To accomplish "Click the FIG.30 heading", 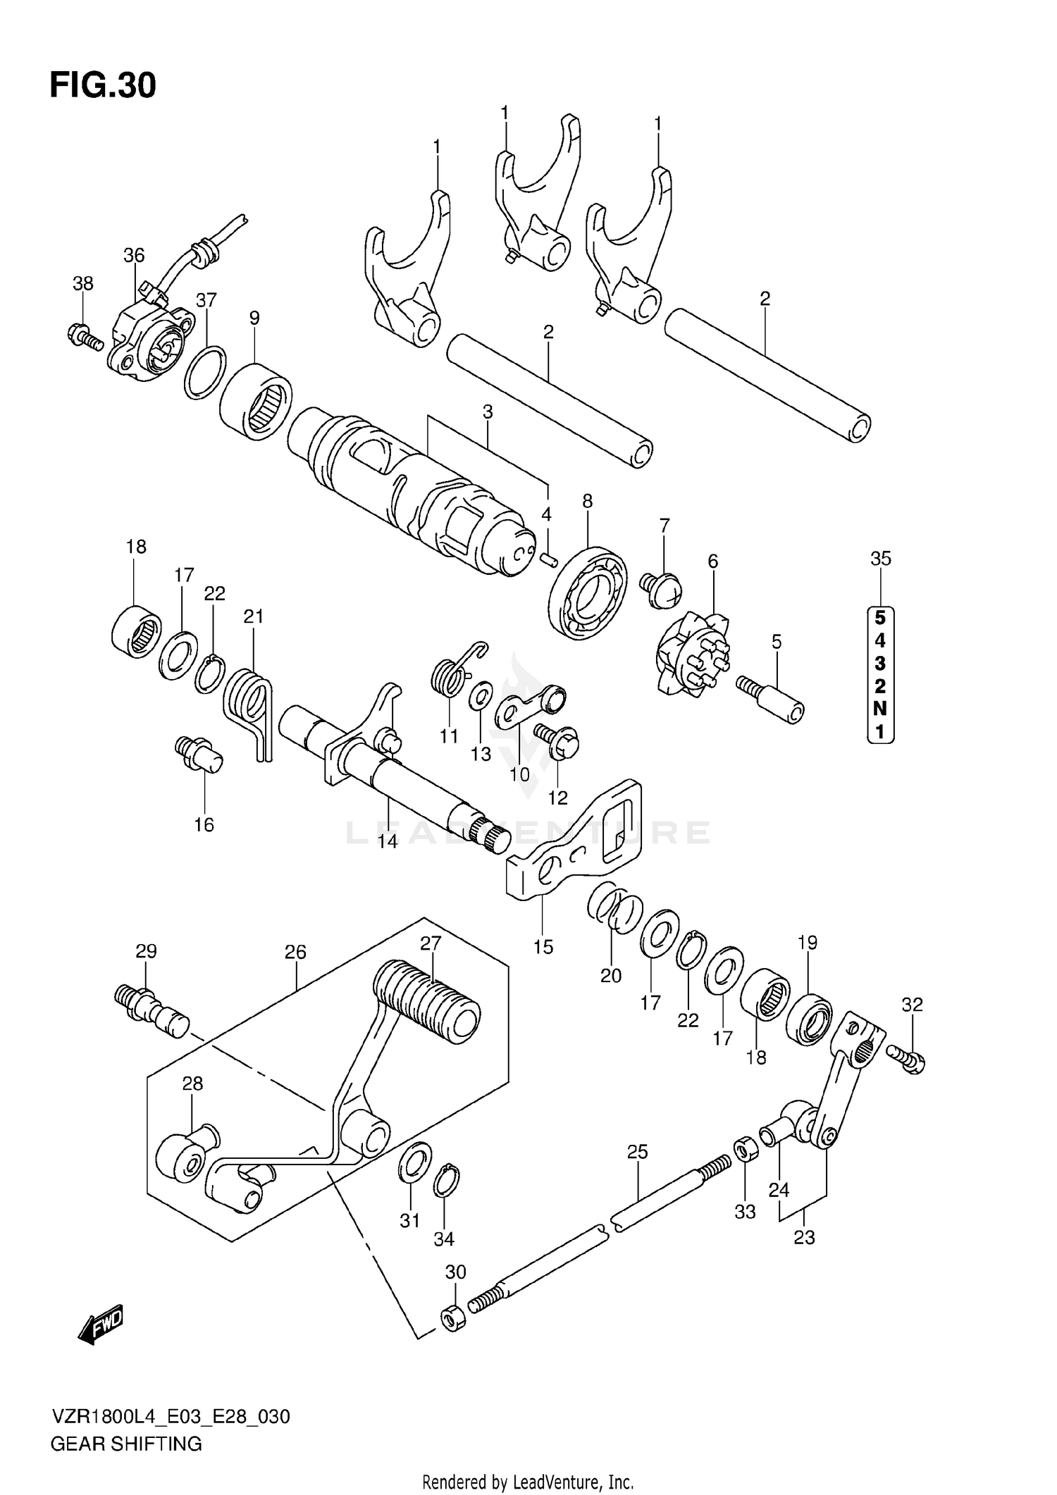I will (x=103, y=85).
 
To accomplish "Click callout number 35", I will (x=881, y=559).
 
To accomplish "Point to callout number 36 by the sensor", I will (x=133, y=255).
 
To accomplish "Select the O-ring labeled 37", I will (x=205, y=371).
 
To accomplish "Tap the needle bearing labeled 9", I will (x=255, y=402).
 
